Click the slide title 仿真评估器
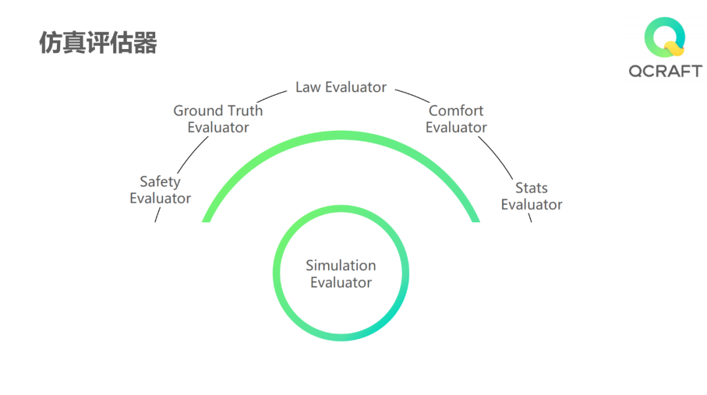click(98, 43)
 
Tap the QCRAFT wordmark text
click(665, 71)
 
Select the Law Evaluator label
click(341, 87)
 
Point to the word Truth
click(243, 111)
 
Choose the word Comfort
click(456, 111)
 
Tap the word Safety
click(160, 182)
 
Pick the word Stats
click(531, 188)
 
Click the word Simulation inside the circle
click(341, 266)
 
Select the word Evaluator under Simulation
click(341, 283)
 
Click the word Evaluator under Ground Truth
click(218, 128)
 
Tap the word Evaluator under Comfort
click(456, 128)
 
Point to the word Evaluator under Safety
click(160, 198)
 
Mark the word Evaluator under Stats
click(532, 205)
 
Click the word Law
click(307, 87)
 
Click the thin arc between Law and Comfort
click(411, 95)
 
